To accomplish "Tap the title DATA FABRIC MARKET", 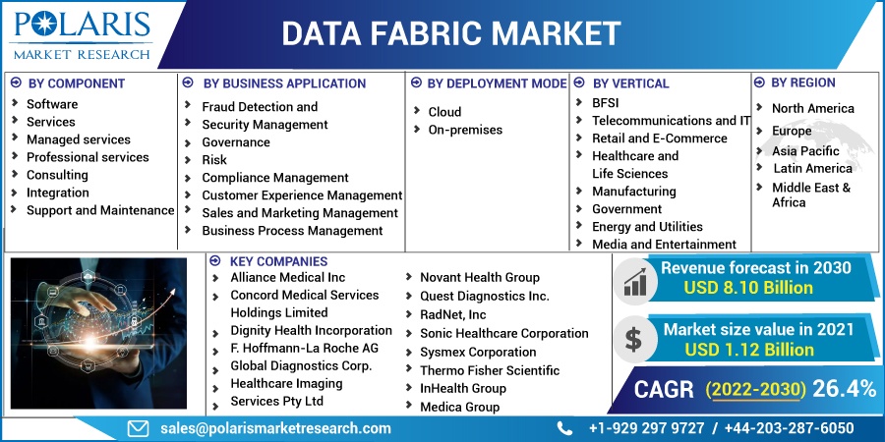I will [x=451, y=33].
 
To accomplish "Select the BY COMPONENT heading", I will [x=76, y=83].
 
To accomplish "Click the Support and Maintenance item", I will [x=100, y=210].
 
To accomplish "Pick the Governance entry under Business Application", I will [x=236, y=142].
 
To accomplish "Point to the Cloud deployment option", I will [x=444, y=112].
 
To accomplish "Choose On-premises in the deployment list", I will [x=465, y=130].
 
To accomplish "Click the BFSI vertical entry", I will [x=605, y=102].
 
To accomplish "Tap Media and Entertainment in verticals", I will [x=664, y=245].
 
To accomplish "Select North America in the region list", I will [x=812, y=108].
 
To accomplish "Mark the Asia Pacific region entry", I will [x=805, y=151].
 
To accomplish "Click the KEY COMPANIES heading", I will [x=278, y=261].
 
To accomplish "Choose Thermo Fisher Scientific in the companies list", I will [x=490, y=370].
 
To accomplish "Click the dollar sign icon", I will [x=634, y=339].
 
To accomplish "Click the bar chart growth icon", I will [x=634, y=282].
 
